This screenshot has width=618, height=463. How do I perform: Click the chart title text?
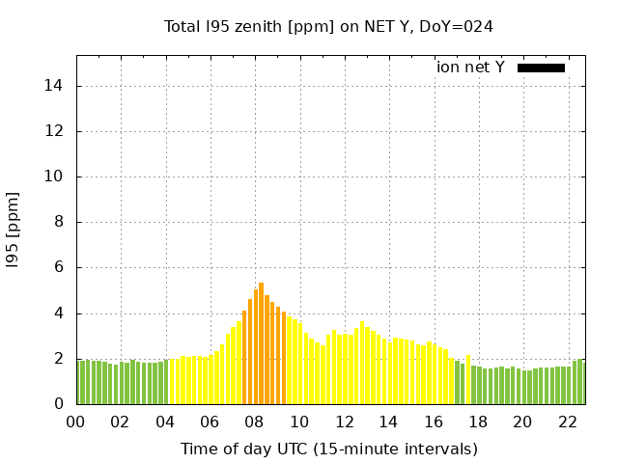(x=328, y=26)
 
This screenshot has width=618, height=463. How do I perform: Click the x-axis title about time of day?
(x=328, y=449)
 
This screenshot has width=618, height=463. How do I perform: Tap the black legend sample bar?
(x=541, y=68)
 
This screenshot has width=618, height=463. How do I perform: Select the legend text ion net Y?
(x=470, y=68)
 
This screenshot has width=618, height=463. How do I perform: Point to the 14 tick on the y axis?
(x=55, y=86)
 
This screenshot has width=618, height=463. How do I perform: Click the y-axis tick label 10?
(x=55, y=177)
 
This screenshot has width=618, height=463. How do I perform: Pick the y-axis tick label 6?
(x=59, y=267)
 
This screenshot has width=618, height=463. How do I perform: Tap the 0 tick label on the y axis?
(x=59, y=404)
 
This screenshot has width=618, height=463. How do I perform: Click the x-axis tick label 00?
(x=75, y=422)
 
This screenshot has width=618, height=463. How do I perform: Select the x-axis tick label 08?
(x=254, y=422)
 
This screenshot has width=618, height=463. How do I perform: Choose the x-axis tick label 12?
(x=344, y=422)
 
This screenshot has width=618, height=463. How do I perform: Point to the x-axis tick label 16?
(x=433, y=422)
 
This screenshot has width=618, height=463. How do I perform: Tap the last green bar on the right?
(x=580, y=382)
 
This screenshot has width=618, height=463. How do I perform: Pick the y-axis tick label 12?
(x=55, y=131)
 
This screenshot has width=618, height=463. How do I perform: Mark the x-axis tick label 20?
(x=522, y=422)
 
